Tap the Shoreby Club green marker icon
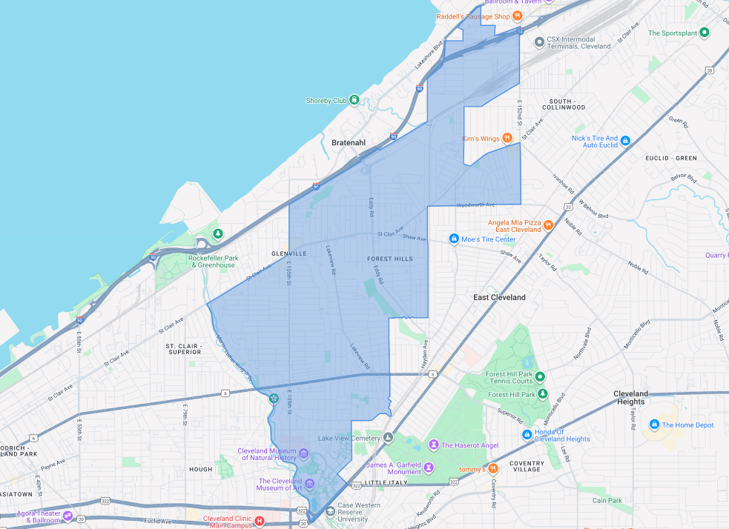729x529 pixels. pos(354,100)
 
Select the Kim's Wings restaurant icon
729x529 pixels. pos(507,138)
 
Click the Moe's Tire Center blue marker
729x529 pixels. pos(454,239)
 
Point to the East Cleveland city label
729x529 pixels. pos(499,297)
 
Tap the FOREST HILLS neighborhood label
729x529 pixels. pos(389,259)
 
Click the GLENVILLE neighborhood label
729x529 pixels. pos(268,253)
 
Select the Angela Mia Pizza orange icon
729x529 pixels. pos(548,224)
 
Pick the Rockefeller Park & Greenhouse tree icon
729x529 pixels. pos(217,234)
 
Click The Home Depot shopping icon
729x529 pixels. pos(654,425)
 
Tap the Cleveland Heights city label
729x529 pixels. pos(630,397)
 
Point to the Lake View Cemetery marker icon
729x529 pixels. pos(389,438)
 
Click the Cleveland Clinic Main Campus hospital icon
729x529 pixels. pos(260,521)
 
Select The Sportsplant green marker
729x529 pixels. pos(705,33)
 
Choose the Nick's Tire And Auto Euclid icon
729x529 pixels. pos(625,140)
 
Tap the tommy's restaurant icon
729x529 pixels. pos(493,468)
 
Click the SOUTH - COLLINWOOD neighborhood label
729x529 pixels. pos(567,103)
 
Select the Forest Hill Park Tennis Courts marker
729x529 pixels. pos(541,377)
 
